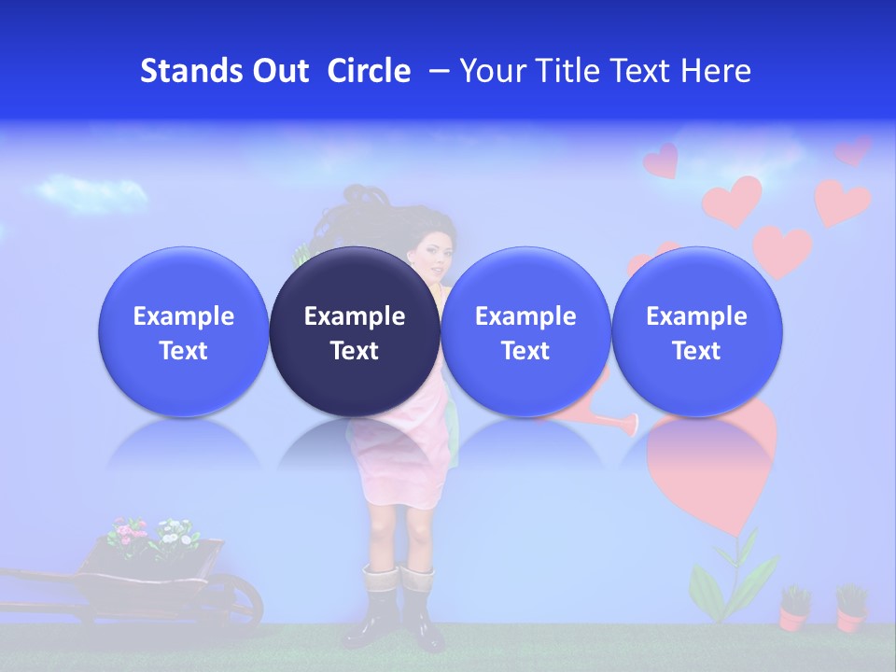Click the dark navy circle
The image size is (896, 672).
(x=355, y=331)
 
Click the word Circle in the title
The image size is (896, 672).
(x=369, y=71)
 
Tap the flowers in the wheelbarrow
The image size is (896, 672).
(x=149, y=534)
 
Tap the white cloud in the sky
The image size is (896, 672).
(x=93, y=194)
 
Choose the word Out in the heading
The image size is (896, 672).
(x=280, y=71)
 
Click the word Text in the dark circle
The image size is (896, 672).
(x=355, y=351)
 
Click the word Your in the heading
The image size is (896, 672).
(x=492, y=71)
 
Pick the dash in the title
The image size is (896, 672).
(x=439, y=71)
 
